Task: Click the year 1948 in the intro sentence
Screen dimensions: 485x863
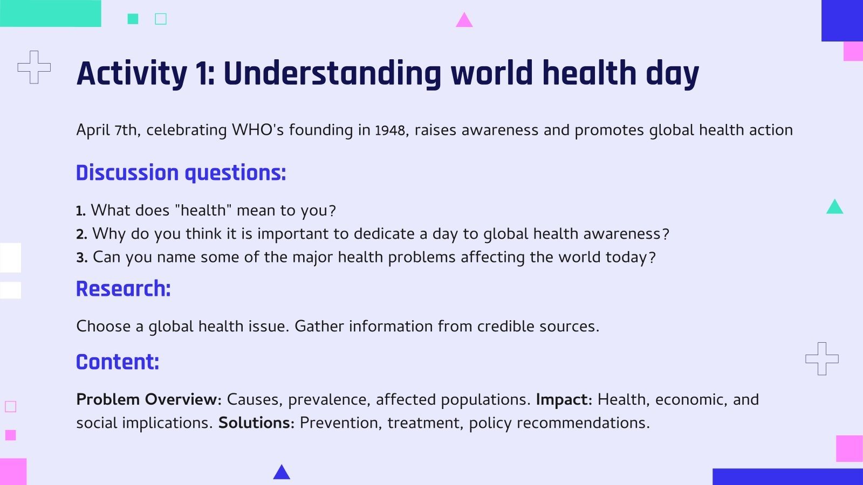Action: (x=390, y=130)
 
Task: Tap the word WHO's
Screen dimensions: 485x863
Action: (x=257, y=130)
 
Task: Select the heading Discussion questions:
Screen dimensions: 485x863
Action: (x=181, y=173)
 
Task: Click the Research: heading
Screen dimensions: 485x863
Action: (x=123, y=289)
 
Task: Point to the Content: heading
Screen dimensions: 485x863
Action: (x=118, y=362)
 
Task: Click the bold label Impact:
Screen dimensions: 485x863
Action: (x=564, y=399)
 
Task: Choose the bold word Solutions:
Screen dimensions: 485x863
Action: (x=256, y=423)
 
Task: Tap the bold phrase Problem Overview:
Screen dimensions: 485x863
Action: (x=149, y=399)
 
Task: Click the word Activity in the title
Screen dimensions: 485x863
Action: (x=132, y=73)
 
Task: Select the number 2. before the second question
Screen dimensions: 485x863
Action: (x=81, y=234)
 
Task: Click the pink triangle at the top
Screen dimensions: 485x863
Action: (x=464, y=21)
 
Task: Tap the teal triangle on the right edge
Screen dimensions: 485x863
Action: (x=834, y=207)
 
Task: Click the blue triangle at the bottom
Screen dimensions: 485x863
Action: (x=282, y=473)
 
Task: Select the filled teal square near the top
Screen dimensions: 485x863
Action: (x=133, y=19)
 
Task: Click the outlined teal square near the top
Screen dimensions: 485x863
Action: (x=161, y=19)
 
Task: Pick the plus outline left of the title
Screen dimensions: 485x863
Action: (x=34, y=67)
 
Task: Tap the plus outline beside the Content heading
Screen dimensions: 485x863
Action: (x=821, y=358)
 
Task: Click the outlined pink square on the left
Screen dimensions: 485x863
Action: (x=10, y=406)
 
